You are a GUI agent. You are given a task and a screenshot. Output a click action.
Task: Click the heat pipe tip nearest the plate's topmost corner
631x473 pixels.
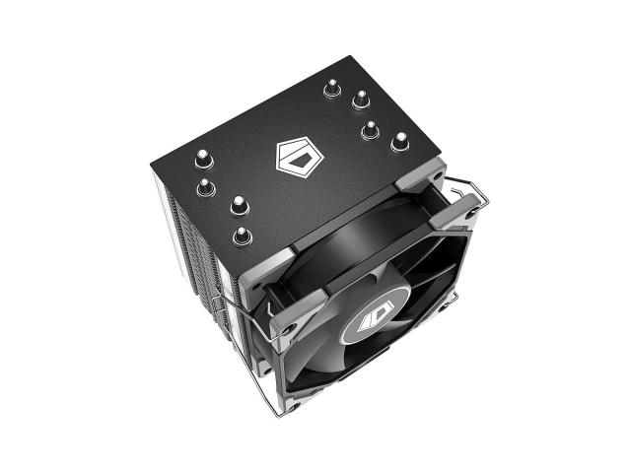330,91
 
